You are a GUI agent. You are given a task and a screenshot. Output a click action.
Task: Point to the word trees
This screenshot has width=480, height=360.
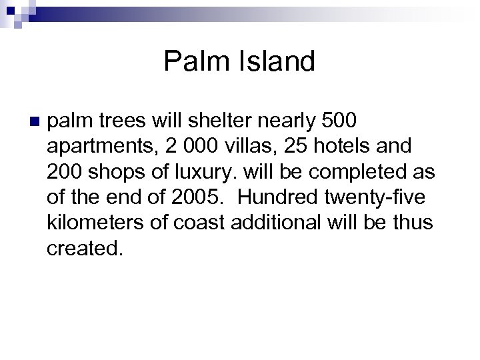120,122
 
